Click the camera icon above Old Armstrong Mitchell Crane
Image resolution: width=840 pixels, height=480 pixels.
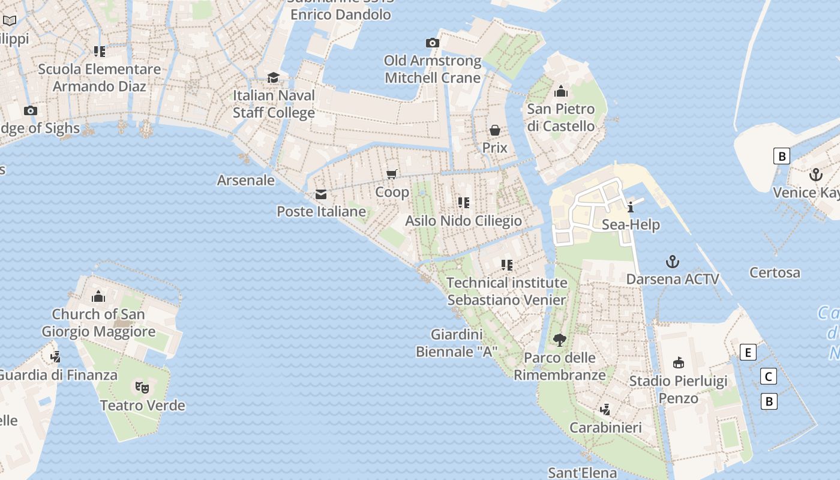pyautogui.click(x=432, y=43)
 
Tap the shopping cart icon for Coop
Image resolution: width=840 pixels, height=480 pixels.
pyautogui.click(x=392, y=174)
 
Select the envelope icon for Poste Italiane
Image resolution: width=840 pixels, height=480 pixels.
pyautogui.click(x=321, y=194)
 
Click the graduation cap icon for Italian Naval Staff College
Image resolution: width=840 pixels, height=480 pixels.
pyautogui.click(x=274, y=77)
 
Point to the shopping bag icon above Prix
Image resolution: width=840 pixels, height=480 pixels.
pyautogui.click(x=495, y=130)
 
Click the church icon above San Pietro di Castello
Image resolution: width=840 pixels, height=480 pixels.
pyautogui.click(x=561, y=91)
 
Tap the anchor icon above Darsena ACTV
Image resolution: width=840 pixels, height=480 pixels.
pyautogui.click(x=673, y=262)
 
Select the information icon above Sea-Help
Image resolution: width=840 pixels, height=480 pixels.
pyautogui.click(x=631, y=208)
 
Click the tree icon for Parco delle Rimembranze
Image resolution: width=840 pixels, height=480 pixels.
pyautogui.click(x=560, y=340)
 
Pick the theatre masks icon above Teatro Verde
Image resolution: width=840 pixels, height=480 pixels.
pyautogui.click(x=142, y=387)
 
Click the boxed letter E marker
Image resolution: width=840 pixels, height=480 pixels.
pyautogui.click(x=748, y=352)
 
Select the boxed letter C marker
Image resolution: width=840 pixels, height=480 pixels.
pyautogui.click(x=768, y=376)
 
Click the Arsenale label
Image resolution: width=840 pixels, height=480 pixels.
pyautogui.click(x=246, y=180)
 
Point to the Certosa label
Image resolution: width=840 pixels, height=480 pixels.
pyautogui.click(x=775, y=272)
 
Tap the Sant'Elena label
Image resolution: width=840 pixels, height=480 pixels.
pyautogui.click(x=582, y=473)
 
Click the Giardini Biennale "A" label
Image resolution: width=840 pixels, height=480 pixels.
pyautogui.click(x=457, y=343)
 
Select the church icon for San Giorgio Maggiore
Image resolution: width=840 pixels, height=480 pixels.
pyautogui.click(x=98, y=296)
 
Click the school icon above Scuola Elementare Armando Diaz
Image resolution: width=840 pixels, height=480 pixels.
pyautogui.click(x=100, y=52)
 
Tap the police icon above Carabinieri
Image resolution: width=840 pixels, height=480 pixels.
pyautogui.click(x=605, y=410)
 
